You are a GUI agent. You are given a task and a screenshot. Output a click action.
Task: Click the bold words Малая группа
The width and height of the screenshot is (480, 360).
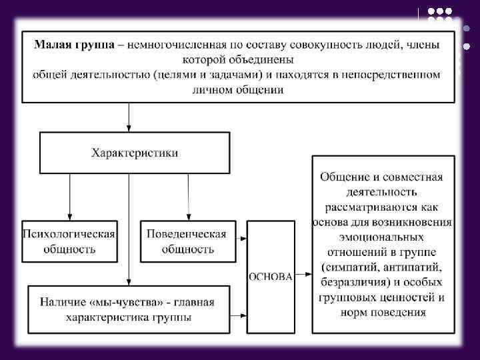click(73, 45)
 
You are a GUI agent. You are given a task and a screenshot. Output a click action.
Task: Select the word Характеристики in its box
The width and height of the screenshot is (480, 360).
click(135, 153)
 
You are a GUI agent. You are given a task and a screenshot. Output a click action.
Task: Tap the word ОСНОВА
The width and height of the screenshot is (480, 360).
click(270, 277)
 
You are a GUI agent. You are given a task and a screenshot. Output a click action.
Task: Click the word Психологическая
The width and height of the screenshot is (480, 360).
click(69, 235)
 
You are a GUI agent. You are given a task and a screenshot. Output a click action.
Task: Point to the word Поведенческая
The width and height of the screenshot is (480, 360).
click(187, 235)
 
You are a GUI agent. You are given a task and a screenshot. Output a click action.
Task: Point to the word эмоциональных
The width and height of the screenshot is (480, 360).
click(382, 237)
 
